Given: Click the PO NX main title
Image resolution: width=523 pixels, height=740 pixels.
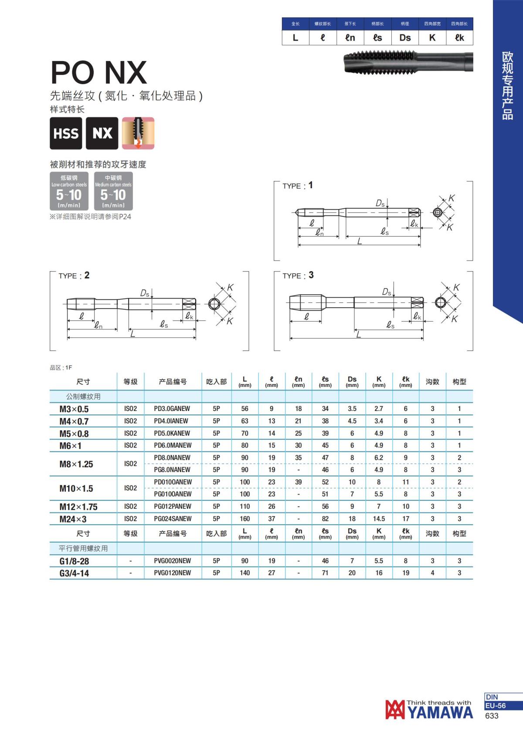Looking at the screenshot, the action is coord(98,72).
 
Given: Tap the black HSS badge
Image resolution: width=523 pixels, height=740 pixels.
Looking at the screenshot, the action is coord(66,133).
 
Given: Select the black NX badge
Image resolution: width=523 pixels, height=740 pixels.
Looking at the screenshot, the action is coord(102,133).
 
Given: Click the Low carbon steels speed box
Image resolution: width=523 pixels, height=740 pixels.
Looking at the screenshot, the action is coord(69,191).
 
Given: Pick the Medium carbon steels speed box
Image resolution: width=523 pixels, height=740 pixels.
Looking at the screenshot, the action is coord(113,191).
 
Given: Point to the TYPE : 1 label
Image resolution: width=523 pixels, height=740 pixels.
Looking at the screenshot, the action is coord(297,186).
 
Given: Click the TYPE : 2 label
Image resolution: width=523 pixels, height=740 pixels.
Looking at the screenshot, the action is coord(74,275).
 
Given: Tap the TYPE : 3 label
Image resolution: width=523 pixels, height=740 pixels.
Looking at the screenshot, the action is coord(298,275).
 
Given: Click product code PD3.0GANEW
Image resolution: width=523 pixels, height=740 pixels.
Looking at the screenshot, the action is coord(172,409).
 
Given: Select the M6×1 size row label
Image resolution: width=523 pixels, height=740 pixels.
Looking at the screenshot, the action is coord(70,446).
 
